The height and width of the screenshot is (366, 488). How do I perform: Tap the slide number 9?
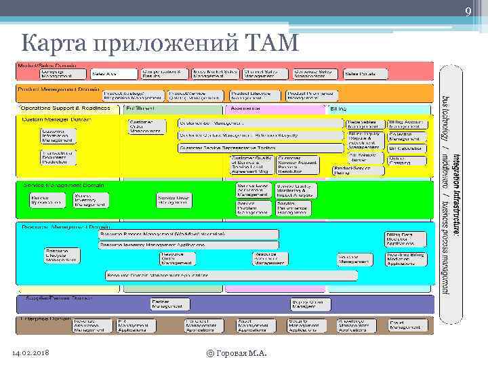coord(468,11)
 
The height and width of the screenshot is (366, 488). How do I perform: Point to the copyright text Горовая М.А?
coord(237,354)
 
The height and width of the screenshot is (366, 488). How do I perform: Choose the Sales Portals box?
coord(360,73)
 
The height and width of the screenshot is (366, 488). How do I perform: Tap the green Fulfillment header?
coord(174,108)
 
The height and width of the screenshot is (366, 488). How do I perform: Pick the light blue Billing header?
coord(380,108)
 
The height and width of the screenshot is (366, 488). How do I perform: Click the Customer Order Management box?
coord(146,127)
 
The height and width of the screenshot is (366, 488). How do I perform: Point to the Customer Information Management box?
coord(58,136)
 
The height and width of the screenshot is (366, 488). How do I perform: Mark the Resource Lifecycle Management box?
coord(62,255)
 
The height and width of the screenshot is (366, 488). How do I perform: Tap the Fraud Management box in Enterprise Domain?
coord(405,326)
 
